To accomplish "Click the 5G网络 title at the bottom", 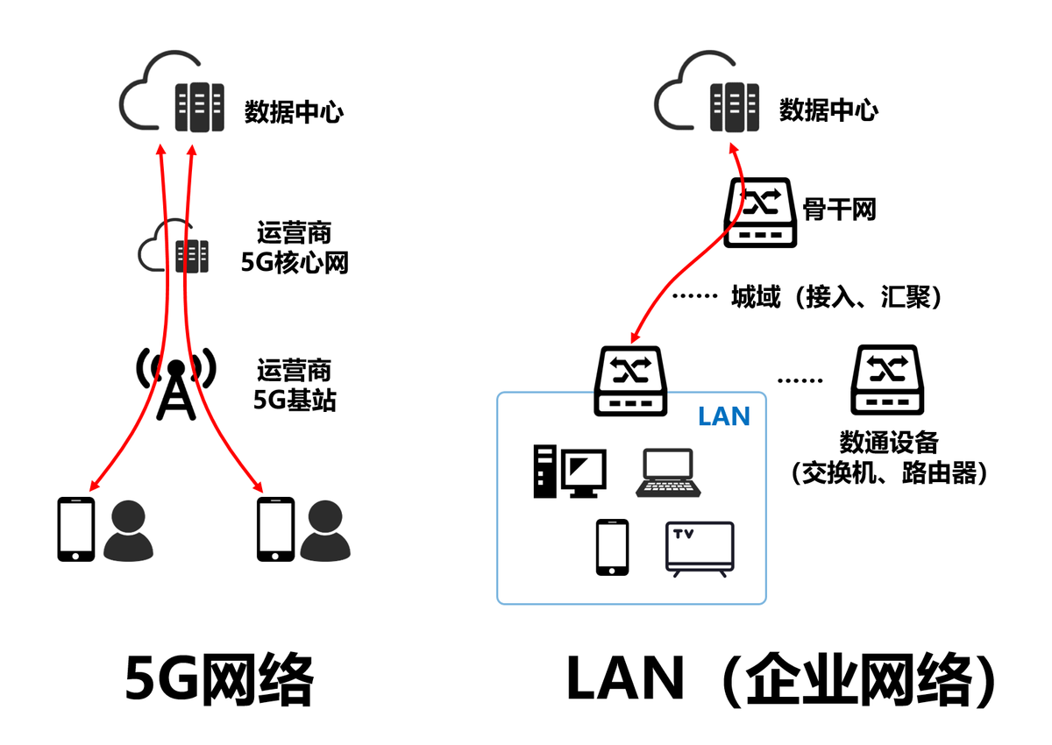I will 219,679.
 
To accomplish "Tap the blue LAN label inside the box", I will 724,416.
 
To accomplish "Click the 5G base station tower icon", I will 176,386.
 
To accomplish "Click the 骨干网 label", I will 839,209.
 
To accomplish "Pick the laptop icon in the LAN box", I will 667,474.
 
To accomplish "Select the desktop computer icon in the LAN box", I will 569,472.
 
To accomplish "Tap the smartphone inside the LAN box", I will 612,547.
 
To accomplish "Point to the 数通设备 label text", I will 888,442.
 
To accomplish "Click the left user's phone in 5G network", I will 75,529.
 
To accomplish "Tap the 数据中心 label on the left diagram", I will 294,112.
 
